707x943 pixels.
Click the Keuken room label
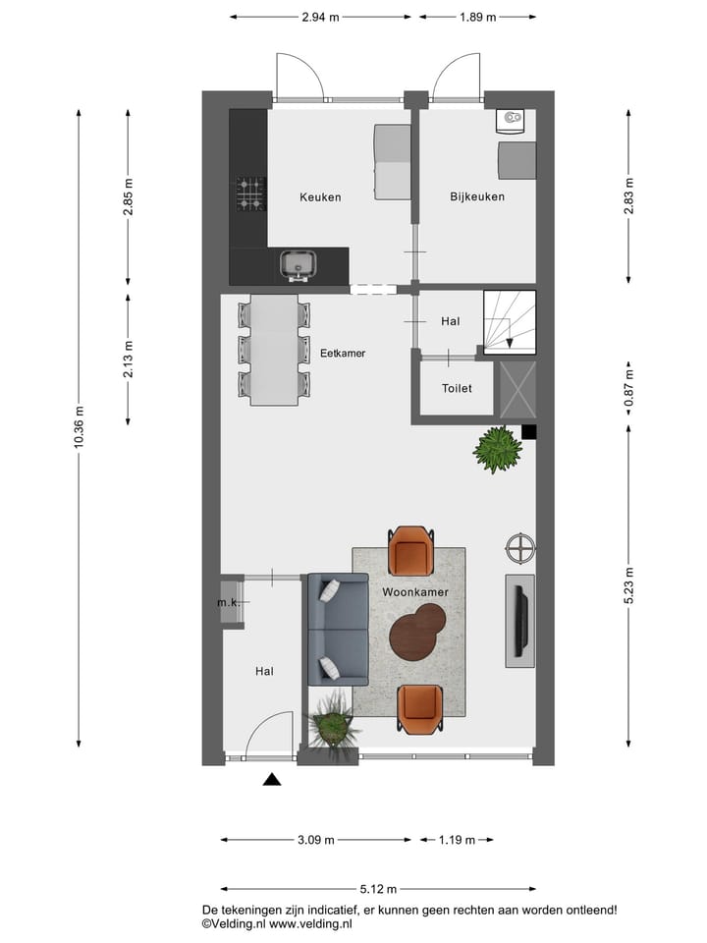pyautogui.click(x=320, y=197)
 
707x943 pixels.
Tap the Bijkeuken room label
pyautogui.click(x=477, y=197)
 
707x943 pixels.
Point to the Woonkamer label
pyautogui.click(x=408, y=593)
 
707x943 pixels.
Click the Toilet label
pyautogui.click(x=457, y=389)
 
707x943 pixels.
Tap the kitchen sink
pyautogui.click(x=297, y=263)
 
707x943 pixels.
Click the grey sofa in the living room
pyautogui.click(x=337, y=629)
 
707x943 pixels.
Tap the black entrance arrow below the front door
pyautogui.click(x=272, y=780)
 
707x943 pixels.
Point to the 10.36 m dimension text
pyautogui.click(x=80, y=428)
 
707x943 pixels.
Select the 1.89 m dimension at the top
pyautogui.click(x=477, y=17)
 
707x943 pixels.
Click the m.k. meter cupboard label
pyautogui.click(x=228, y=602)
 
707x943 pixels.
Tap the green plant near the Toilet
pyautogui.click(x=498, y=450)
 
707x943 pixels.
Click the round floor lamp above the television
pyautogui.click(x=520, y=548)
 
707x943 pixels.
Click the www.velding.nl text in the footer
pyautogui.click(x=311, y=924)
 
